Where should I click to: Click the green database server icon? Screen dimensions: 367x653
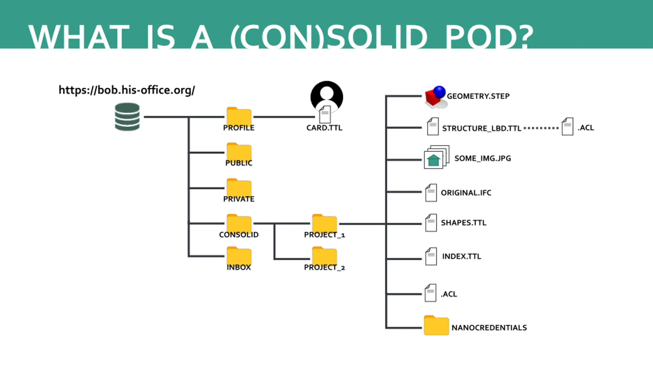(127, 116)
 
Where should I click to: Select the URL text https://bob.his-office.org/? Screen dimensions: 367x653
(127, 90)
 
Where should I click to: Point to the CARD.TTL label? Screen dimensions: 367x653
(324, 128)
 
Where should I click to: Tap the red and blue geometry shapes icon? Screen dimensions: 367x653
(435, 97)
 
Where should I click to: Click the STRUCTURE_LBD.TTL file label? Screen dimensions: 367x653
(482, 128)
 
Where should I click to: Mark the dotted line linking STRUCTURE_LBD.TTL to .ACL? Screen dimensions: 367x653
(541, 128)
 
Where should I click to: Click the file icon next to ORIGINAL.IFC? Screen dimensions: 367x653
(431, 193)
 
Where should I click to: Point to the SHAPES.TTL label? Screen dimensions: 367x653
(463, 223)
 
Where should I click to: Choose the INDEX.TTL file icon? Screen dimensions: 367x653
(431, 256)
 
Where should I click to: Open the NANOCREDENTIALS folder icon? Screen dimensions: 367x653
(436, 325)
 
